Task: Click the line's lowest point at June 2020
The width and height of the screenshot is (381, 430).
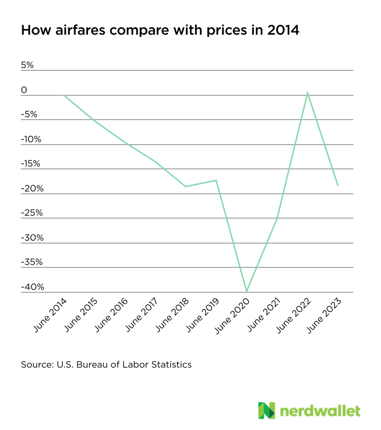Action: pos(246,292)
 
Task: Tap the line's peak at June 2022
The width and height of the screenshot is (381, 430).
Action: pos(308,93)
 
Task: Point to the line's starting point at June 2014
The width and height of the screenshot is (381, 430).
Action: pos(64,95)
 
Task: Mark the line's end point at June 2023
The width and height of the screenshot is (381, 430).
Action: pos(338,185)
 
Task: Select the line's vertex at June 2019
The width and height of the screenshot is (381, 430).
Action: pos(216,180)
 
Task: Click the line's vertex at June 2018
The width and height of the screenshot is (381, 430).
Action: pos(186,186)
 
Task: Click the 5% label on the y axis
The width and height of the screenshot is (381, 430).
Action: pos(27,65)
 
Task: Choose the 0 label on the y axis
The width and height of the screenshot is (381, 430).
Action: pos(24,90)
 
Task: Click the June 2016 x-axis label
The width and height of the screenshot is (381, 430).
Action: pos(112,315)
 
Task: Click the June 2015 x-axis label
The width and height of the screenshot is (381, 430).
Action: pos(81,315)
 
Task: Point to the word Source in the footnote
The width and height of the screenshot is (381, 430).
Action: pos(36,365)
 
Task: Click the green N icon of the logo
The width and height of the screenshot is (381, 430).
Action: pos(266,410)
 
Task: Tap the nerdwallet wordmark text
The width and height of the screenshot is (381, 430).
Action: pos(320,411)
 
